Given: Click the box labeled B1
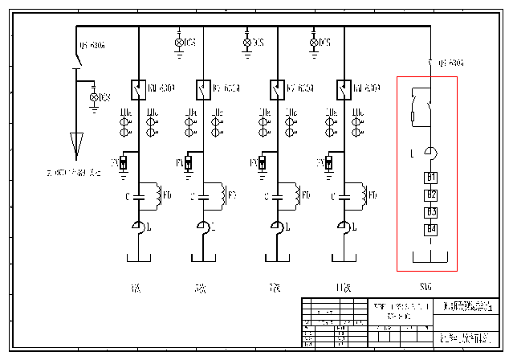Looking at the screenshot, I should (x=431, y=177).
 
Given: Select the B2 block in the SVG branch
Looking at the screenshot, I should (x=431, y=194).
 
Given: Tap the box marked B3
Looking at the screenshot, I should (x=431, y=212).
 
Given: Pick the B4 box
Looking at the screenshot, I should (x=431, y=230).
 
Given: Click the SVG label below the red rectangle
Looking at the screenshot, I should (x=425, y=287).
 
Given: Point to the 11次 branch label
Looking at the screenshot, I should (x=342, y=287).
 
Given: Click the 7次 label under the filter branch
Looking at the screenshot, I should (x=275, y=287).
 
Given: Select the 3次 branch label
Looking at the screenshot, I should (x=134, y=287).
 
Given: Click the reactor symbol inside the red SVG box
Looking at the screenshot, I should (x=432, y=153).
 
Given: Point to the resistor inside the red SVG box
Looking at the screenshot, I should (x=413, y=117).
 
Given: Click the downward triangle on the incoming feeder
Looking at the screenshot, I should (x=77, y=145).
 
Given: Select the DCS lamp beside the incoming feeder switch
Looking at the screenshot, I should (x=94, y=97).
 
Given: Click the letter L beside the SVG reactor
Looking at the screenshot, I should (x=412, y=153).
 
